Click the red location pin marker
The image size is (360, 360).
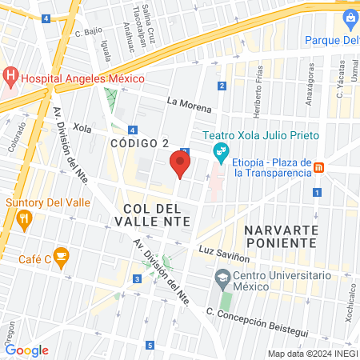pos(181,164)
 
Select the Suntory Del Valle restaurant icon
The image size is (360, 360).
pos(25,220)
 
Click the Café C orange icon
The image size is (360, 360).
pos(62,257)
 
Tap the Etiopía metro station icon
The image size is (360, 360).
pos(319,167)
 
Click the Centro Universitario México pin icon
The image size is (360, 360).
pos(221,281)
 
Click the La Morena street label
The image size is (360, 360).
pos(190,104)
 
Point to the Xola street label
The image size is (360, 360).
pos(82,127)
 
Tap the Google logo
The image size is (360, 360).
pos(26,350)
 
